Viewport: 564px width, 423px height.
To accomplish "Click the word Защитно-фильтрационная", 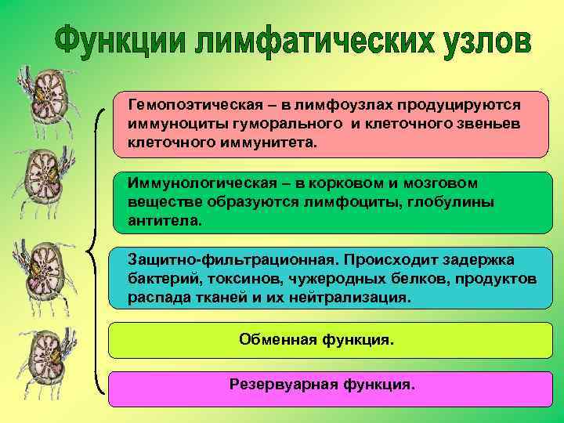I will pos(199,259).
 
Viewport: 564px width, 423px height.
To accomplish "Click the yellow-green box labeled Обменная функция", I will pos(330,340).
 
